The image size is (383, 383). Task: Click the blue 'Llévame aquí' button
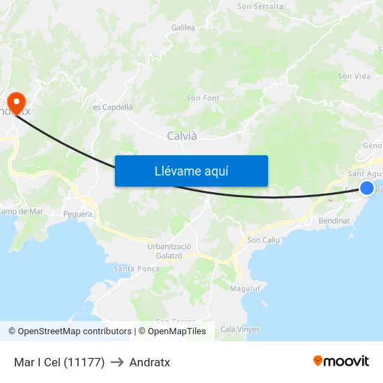(x=191, y=171)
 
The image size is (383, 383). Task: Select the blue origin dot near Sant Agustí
(x=367, y=187)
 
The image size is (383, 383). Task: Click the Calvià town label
(x=182, y=136)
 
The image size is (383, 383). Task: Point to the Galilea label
(x=182, y=28)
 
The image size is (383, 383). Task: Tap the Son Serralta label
(x=260, y=6)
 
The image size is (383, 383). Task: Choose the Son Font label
(x=203, y=98)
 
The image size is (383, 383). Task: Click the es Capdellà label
(x=112, y=107)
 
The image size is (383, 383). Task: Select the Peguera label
(x=77, y=214)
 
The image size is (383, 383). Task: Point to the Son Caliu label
(x=263, y=240)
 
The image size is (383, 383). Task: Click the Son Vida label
(x=354, y=77)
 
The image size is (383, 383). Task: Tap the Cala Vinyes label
(x=240, y=329)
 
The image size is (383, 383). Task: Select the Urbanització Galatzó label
(x=169, y=251)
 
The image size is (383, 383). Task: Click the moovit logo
(x=341, y=361)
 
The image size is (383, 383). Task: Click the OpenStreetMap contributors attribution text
(x=70, y=331)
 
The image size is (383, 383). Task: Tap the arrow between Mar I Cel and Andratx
(x=117, y=362)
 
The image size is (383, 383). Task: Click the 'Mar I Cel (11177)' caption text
(x=59, y=362)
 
